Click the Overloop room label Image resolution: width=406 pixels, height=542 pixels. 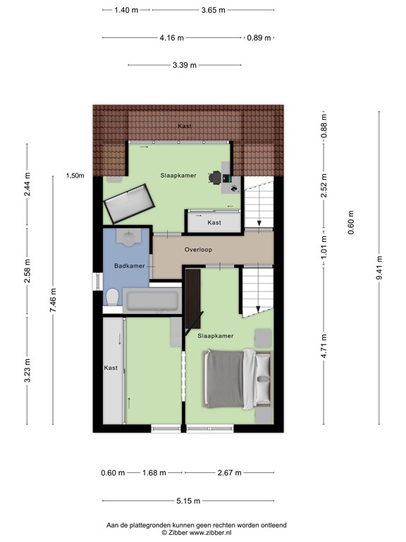tap(198, 250)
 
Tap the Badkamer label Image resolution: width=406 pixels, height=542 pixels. tap(129, 266)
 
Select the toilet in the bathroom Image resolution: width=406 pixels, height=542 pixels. tap(112, 299)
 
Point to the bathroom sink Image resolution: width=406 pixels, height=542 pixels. tap(128, 238)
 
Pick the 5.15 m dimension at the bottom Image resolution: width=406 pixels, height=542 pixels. tap(188, 501)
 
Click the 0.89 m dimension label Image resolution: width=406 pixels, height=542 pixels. tap(258, 38)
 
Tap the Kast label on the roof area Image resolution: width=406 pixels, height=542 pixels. tap(185, 126)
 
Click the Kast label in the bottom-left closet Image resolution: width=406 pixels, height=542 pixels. tap(111, 368)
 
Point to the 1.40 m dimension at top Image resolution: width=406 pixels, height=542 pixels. tap(126, 11)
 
